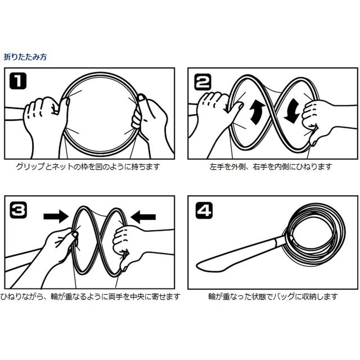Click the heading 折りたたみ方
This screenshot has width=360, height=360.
point(25,57)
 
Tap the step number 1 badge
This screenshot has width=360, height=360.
point(18,81)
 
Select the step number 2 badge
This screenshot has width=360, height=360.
point(202,82)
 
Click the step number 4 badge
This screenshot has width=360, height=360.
point(204,210)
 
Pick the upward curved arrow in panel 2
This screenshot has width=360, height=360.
point(257,113)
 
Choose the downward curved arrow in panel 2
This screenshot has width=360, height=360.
point(292,112)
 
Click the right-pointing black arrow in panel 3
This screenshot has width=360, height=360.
point(56,216)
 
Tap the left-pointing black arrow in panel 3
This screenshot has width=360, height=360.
point(143,217)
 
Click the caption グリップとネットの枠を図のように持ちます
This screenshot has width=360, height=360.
point(88,166)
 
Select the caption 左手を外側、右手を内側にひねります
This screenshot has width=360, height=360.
point(271,166)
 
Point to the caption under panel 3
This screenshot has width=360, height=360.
point(90,297)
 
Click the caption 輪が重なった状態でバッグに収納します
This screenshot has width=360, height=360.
point(273,297)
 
